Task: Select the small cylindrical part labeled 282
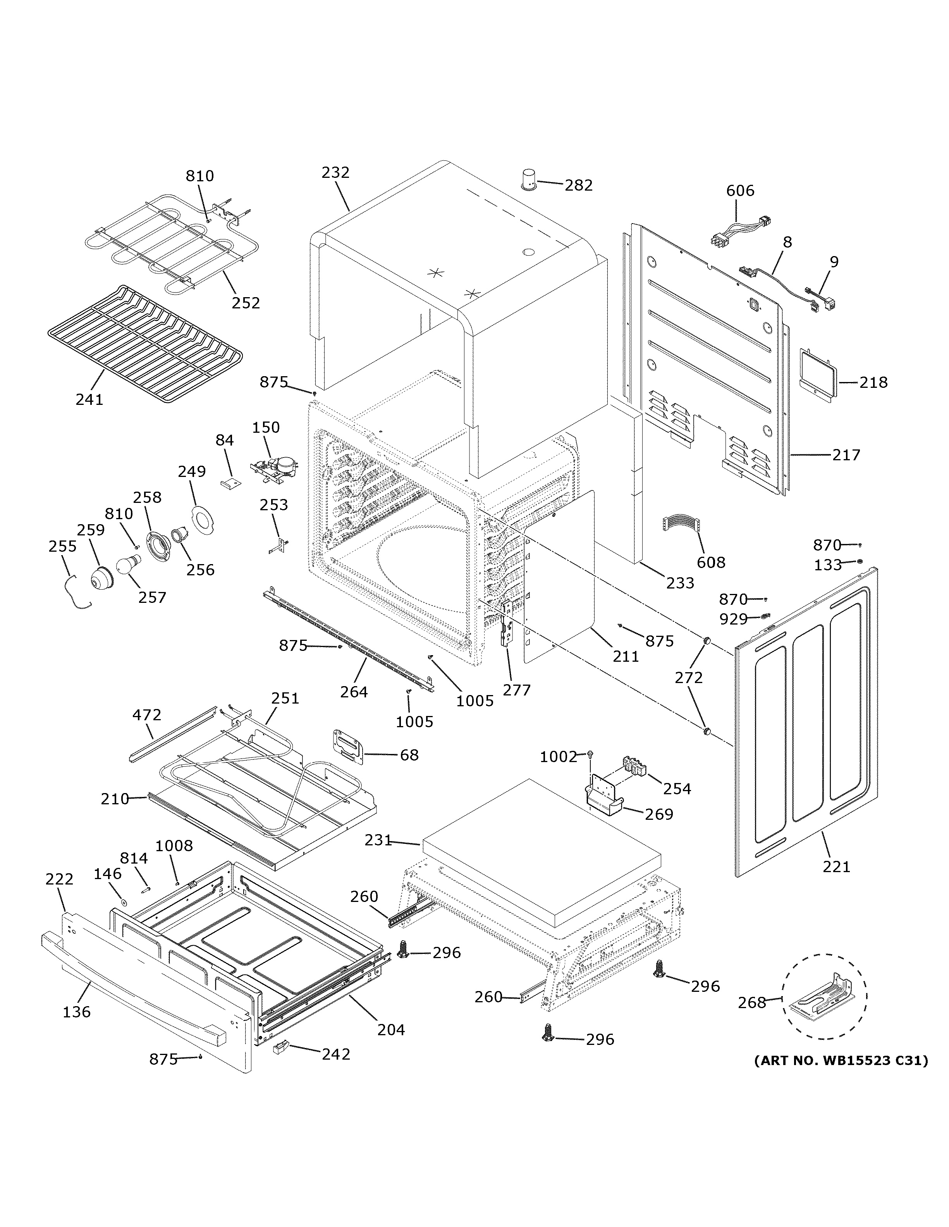point(528,180)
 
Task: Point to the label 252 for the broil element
point(246,303)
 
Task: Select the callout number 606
point(740,191)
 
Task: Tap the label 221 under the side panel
point(836,867)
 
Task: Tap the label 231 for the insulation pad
point(378,840)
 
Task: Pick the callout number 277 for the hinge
point(517,690)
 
